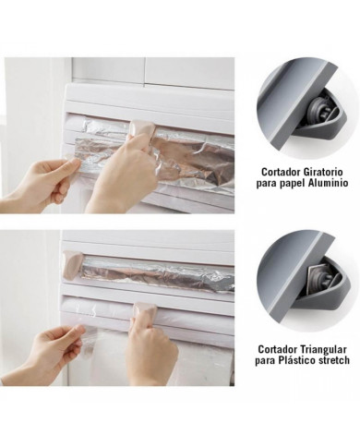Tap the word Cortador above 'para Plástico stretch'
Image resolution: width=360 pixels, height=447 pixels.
click(x=279, y=350)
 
